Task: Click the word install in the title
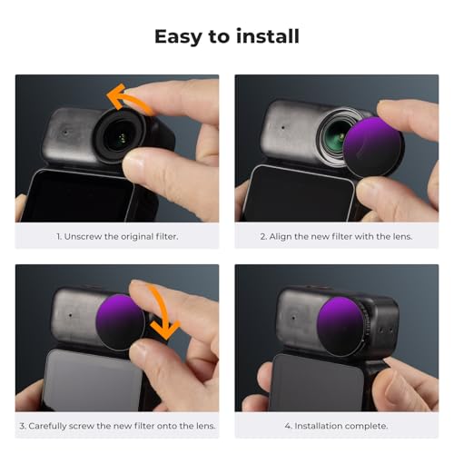point(268,36)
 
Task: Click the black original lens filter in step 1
point(121,135)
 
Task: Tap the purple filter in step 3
point(119,321)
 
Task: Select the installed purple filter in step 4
point(341,326)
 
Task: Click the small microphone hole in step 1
point(65,133)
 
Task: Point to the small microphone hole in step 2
point(282,128)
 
